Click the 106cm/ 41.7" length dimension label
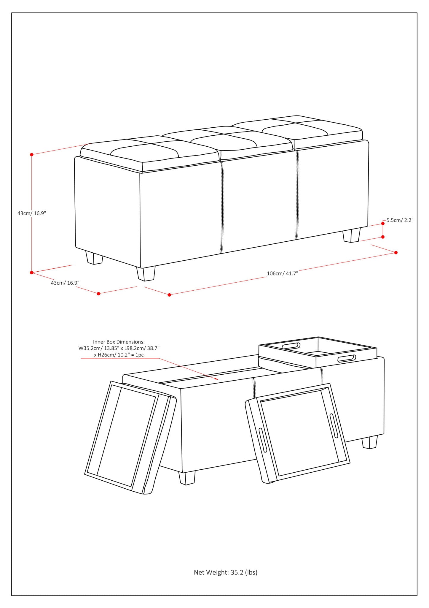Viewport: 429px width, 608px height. point(282,273)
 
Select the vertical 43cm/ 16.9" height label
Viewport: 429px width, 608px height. point(32,213)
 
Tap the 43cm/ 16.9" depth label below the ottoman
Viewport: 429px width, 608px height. point(65,283)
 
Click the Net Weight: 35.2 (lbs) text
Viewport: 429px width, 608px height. point(225,572)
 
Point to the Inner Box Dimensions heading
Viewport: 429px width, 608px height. point(119,342)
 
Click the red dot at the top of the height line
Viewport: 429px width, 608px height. point(32,154)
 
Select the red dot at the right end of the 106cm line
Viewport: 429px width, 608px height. point(396,252)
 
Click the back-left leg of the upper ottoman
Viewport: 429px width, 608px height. point(94,257)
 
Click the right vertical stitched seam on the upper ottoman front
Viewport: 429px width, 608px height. point(297,194)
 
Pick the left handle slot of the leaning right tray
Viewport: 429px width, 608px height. point(263,440)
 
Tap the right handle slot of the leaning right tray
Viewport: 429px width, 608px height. point(334,425)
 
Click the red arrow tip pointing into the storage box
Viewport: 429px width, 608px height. point(218,379)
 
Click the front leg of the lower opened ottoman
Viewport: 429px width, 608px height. point(187,477)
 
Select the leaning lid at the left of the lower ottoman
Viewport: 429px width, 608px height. point(130,436)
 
